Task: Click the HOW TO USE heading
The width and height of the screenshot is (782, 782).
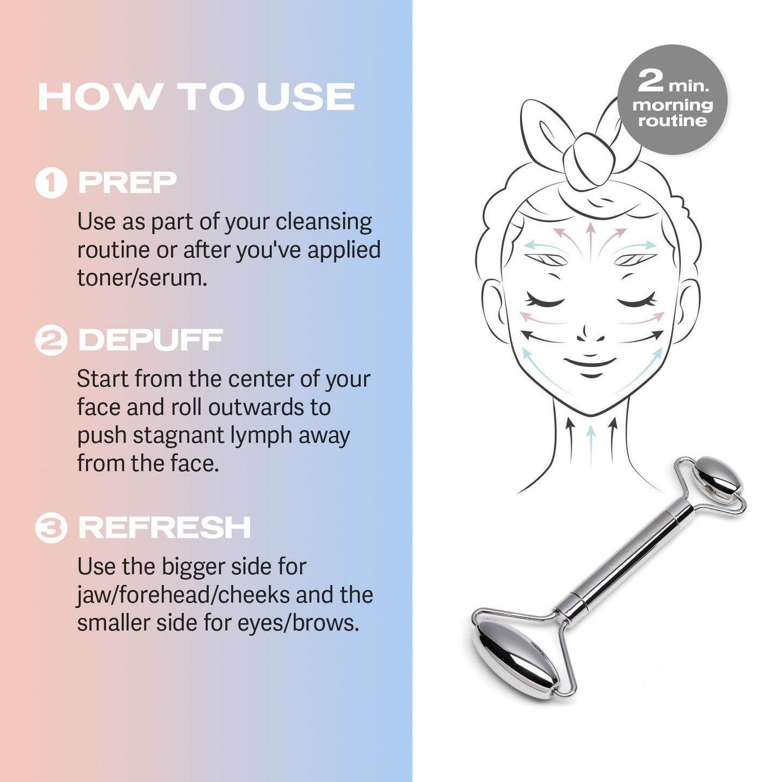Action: pos(196,97)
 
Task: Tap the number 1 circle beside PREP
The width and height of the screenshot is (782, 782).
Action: pos(51,183)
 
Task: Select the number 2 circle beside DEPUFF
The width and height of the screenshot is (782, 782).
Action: pos(51,340)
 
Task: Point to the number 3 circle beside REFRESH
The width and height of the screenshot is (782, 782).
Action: pos(51,528)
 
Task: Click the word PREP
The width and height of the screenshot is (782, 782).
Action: pos(128,183)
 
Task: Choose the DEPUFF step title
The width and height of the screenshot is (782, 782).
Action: pos(150,340)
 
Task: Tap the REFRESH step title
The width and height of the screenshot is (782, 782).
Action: pos(165,528)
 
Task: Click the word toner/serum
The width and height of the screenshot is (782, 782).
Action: pos(142,278)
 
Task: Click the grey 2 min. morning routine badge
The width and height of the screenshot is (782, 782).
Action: pos(673,100)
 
